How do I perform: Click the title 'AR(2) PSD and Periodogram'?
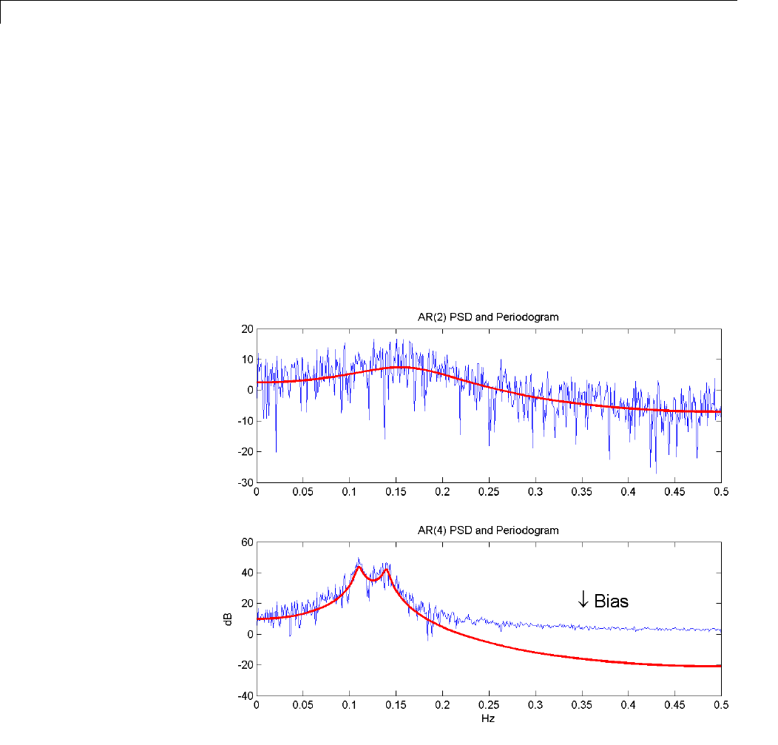(x=488, y=317)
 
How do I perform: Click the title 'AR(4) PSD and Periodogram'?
(x=488, y=530)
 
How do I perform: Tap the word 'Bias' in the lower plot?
(x=611, y=601)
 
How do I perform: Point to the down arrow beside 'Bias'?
(x=583, y=600)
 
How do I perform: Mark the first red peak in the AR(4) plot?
(x=359, y=567)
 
